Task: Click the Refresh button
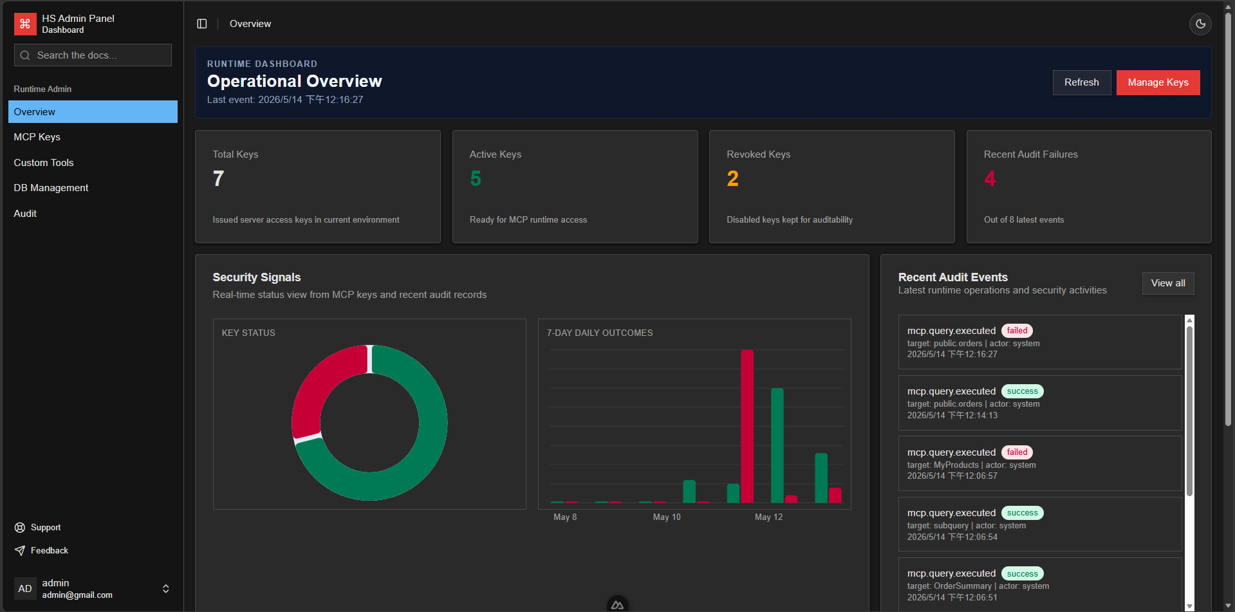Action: (x=1081, y=82)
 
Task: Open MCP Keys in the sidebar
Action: (x=37, y=137)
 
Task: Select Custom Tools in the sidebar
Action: (x=44, y=163)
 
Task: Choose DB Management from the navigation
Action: (x=51, y=188)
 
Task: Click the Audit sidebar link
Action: (x=25, y=214)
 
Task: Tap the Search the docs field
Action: (x=93, y=55)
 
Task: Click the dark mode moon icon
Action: (x=1200, y=24)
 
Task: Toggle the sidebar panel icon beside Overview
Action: (x=202, y=24)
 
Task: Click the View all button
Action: (x=1168, y=283)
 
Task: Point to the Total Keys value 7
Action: (x=219, y=178)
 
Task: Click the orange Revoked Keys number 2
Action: (x=732, y=178)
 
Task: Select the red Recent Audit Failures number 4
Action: (x=990, y=178)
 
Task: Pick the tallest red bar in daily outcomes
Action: (x=747, y=426)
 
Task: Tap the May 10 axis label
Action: (x=667, y=517)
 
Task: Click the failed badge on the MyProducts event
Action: (x=1017, y=452)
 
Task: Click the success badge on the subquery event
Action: (x=1022, y=513)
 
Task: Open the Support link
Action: (x=38, y=528)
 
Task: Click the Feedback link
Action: (x=41, y=551)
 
